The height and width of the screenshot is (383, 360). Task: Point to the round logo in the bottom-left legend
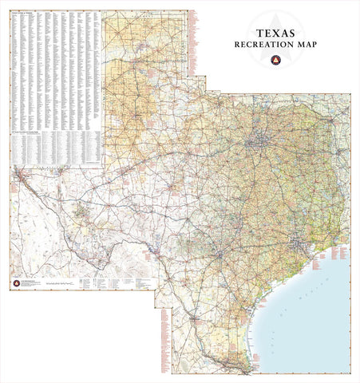click(18, 284)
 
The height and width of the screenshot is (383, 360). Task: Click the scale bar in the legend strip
click(61, 284)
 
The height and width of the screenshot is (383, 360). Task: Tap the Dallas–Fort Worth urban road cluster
click(256, 144)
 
